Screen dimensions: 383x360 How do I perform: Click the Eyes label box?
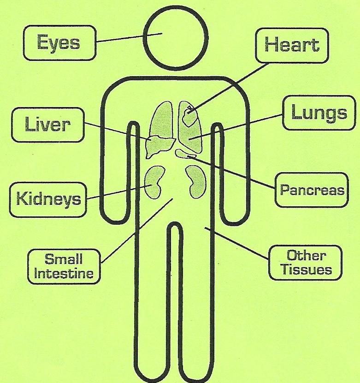pos(59,43)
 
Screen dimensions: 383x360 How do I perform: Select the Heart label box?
pos(292,45)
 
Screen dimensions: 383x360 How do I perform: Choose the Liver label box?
pos(48,125)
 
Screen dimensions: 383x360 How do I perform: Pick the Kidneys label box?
pos(48,199)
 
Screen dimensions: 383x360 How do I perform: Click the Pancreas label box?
pos(312,190)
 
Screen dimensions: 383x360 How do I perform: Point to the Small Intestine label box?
pos(64,265)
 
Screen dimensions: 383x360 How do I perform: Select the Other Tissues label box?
pos(306,263)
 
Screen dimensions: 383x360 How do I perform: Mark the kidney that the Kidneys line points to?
pos(154,181)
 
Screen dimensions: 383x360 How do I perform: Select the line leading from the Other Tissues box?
pos(237,245)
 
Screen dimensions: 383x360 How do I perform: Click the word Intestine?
pos(64,273)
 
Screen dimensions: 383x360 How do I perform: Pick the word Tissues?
pos(306,269)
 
